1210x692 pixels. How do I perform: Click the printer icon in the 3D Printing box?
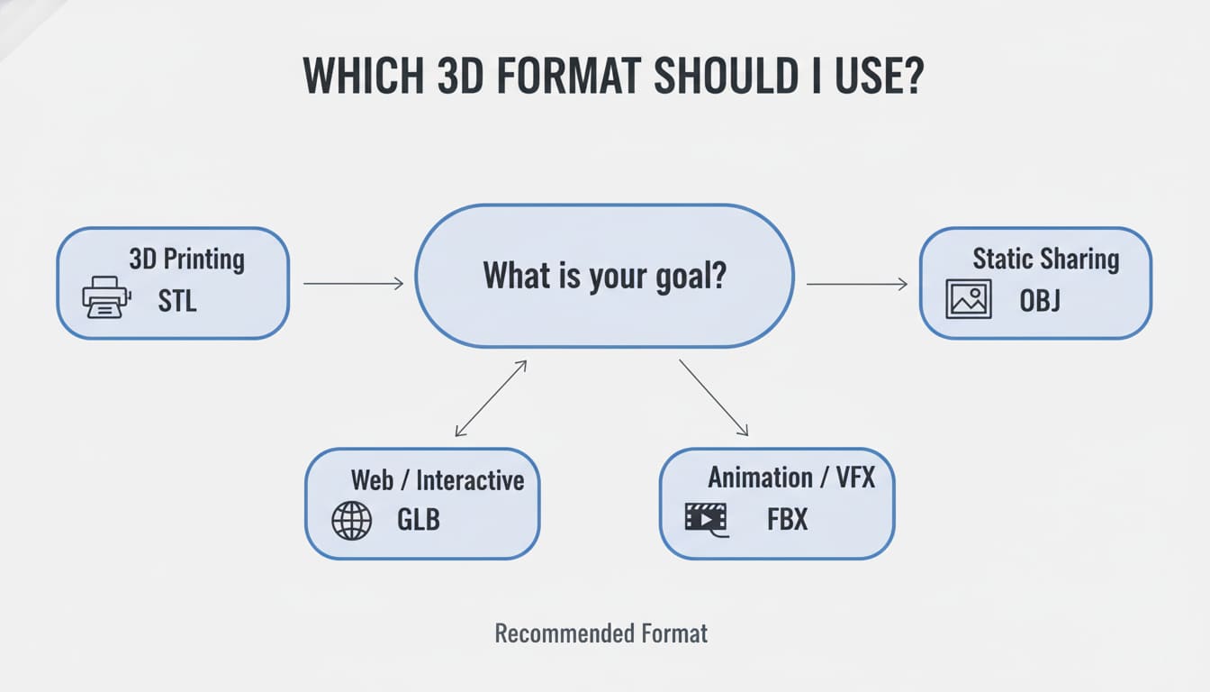(x=106, y=296)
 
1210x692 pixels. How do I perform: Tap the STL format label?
(x=177, y=301)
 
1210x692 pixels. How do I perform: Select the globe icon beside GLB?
(x=352, y=521)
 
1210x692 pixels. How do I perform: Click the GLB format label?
(x=419, y=520)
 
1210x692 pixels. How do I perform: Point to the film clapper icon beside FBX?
(x=706, y=520)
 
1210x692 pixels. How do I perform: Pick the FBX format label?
(x=788, y=520)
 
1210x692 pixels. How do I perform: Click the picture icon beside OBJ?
(x=969, y=299)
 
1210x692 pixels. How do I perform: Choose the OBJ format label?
(x=1040, y=301)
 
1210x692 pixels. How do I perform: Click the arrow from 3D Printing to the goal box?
(x=353, y=283)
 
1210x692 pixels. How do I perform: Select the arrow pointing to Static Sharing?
(x=857, y=284)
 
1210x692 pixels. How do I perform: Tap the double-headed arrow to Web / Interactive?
(x=491, y=398)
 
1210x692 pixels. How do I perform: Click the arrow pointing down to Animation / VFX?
(x=714, y=397)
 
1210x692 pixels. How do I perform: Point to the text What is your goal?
(x=604, y=277)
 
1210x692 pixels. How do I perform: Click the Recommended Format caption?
(x=601, y=633)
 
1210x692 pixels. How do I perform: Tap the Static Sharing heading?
(x=1046, y=259)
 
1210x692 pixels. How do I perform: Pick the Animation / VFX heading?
(x=791, y=478)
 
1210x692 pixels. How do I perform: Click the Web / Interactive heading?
(x=438, y=480)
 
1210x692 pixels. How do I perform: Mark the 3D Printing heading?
(x=187, y=259)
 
